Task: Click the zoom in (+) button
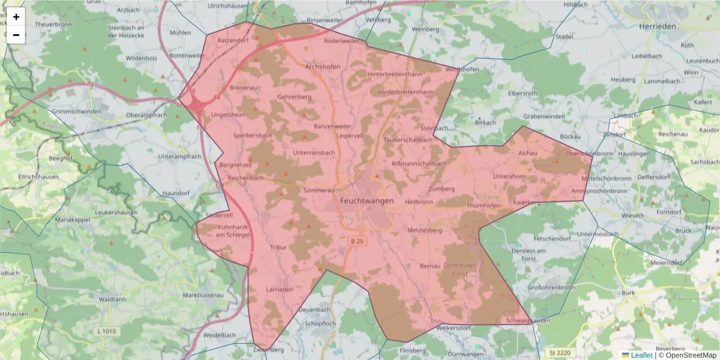pos(16,17)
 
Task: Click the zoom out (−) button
pos(16,35)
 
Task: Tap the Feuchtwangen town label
pos(367,201)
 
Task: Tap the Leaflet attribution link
pos(641,355)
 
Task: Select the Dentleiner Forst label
pos(463,269)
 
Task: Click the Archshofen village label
pos(323,67)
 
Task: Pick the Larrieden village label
pos(279,289)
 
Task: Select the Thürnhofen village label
pos(483,205)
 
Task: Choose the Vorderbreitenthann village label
pos(405,92)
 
